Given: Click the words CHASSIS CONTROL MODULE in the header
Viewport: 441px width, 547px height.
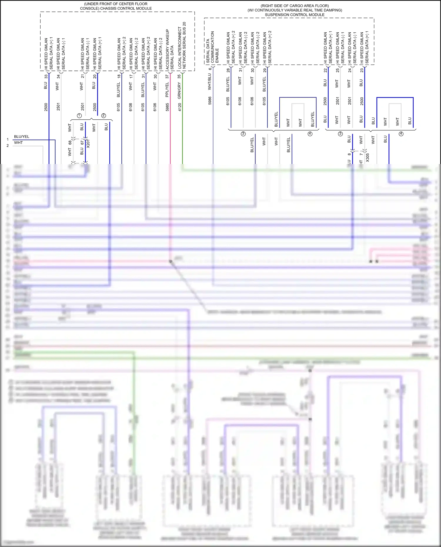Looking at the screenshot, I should tap(126, 9).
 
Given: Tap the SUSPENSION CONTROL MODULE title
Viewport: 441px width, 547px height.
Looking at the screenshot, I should tap(295, 15).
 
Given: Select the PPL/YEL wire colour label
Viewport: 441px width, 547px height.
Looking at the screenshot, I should tap(167, 90).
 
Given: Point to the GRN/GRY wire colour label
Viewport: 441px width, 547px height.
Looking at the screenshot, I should tap(179, 90).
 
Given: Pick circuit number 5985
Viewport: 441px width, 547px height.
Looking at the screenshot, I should tap(167, 107).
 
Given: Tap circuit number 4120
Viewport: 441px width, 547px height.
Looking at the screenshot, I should tap(179, 107).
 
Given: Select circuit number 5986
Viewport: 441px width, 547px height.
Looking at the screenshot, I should tap(210, 101).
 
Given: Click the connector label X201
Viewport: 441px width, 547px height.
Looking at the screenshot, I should tap(88, 143).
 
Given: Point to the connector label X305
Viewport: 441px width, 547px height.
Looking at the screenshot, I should tap(367, 158).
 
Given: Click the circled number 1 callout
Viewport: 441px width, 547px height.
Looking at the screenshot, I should tap(79, 116).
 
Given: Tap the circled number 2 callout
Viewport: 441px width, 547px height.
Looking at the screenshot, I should tap(103, 116).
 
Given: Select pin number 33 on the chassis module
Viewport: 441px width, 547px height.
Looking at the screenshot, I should tap(46, 76).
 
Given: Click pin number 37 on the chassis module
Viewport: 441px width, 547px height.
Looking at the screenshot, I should tap(167, 76).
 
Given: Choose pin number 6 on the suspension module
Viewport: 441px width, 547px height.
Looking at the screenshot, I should tap(210, 69).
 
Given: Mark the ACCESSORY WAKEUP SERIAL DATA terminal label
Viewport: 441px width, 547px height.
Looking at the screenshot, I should tap(170, 49).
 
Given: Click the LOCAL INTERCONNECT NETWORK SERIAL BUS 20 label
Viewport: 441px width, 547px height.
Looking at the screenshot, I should tap(182, 46).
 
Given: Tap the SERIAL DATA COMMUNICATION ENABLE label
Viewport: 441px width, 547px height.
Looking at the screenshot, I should tap(212, 47).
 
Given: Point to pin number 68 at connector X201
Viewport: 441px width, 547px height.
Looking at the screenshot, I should tap(70, 143).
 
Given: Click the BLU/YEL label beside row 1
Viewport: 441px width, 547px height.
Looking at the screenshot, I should tap(22, 137).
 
